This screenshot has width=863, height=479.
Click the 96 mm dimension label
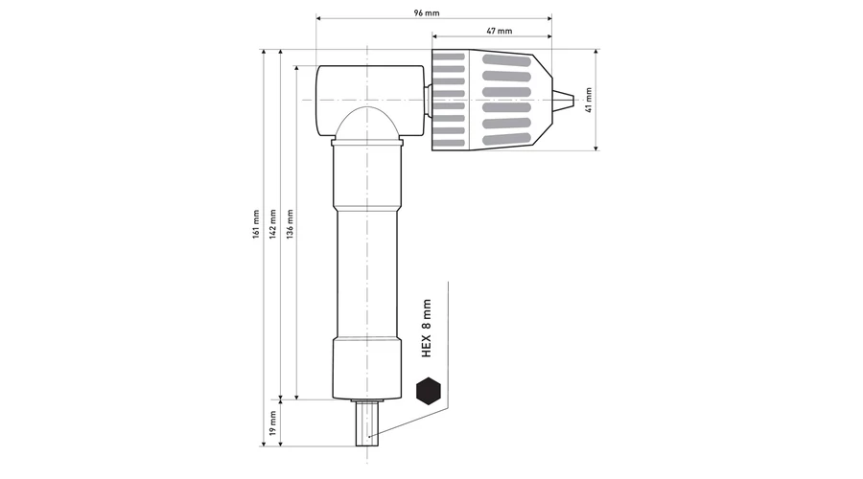point(427,12)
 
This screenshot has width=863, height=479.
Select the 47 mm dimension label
point(500,31)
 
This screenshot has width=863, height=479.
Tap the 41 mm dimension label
point(589,100)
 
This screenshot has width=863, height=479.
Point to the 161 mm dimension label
point(255,224)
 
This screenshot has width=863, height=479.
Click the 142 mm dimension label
point(273,224)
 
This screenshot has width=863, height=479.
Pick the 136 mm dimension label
point(290,224)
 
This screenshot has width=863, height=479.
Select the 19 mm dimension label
point(273,422)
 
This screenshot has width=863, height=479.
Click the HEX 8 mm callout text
point(427,329)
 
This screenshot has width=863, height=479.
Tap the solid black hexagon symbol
point(429,391)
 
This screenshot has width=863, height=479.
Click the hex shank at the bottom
point(367,422)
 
